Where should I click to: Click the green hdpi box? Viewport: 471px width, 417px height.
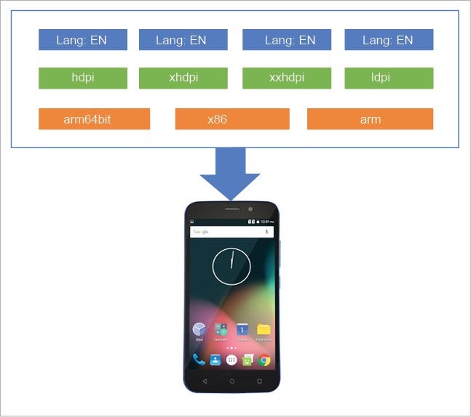pyautogui.click(x=83, y=78)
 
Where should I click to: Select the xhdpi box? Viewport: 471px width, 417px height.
pyautogui.click(x=183, y=78)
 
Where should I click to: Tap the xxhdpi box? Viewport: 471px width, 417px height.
pyautogui.click(x=287, y=78)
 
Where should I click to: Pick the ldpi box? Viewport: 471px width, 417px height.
pyautogui.click(x=389, y=78)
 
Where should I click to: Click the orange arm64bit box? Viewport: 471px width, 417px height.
pyautogui.click(x=94, y=119)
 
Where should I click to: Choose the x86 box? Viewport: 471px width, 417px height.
pyautogui.click(x=232, y=119)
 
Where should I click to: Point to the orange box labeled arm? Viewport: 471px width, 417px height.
pyautogui.click(x=370, y=119)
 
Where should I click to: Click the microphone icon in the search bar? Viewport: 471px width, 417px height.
pyautogui.click(x=267, y=232)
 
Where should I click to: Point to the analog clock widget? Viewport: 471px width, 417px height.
pyautogui.click(x=231, y=266)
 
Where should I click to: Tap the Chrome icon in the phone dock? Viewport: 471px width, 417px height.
pyautogui.click(x=265, y=360)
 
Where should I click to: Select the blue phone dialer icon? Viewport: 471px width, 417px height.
pyautogui.click(x=198, y=360)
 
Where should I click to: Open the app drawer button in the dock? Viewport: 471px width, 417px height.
pyautogui.click(x=231, y=360)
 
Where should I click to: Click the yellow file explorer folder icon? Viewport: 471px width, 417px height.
pyautogui.click(x=264, y=329)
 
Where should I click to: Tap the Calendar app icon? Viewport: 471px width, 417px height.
pyautogui.click(x=242, y=329)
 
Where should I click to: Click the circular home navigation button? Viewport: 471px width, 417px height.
pyautogui.click(x=231, y=381)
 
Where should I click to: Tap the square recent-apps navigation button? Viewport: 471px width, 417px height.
pyautogui.click(x=259, y=381)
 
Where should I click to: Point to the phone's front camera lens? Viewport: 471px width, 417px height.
pyautogui.click(x=250, y=209)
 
